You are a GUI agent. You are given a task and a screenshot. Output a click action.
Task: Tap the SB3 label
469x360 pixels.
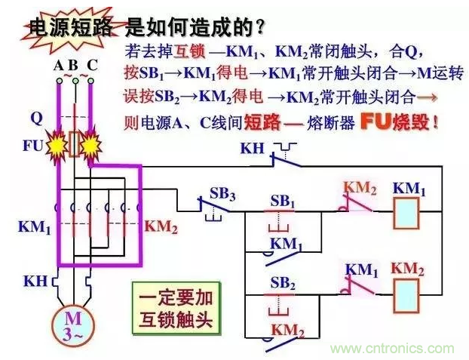click(222, 194)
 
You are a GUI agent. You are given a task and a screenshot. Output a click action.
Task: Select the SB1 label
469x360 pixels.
click(283, 202)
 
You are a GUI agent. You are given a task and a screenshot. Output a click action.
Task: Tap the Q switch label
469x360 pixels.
click(36, 118)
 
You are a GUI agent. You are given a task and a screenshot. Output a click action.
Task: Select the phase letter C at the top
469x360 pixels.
click(91, 66)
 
